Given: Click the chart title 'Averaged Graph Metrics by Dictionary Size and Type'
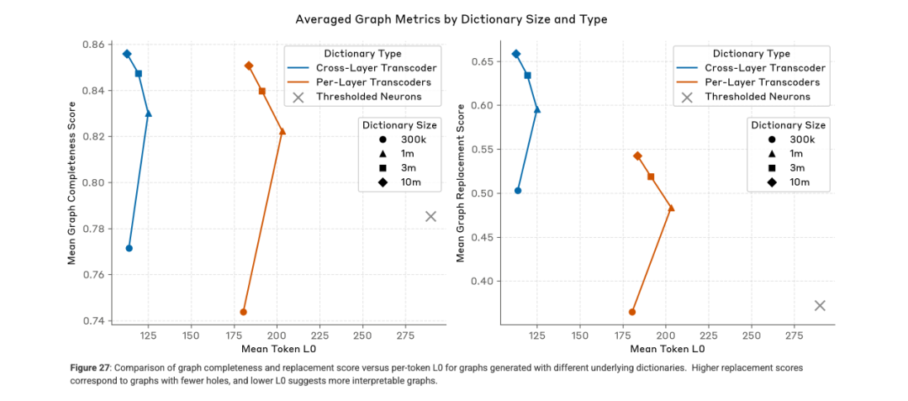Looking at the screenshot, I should tap(451, 18).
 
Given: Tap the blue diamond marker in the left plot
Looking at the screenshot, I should tap(127, 54).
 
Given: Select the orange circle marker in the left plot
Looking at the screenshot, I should tap(244, 312).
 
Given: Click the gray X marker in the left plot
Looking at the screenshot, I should tap(431, 216).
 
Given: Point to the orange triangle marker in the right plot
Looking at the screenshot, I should tap(671, 208).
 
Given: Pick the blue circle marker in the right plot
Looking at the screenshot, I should tap(518, 191).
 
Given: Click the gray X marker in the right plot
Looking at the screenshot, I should tap(820, 305).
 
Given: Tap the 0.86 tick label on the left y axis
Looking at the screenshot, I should tap(97, 45).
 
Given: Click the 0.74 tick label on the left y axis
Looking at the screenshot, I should tap(97, 321).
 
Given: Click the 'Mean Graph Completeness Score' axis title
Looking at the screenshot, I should tap(72, 182).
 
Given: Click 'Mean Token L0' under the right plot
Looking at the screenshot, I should tap(667, 348).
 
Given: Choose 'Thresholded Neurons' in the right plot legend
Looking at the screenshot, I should tap(758, 97).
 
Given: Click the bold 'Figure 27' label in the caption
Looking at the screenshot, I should tap(91, 367).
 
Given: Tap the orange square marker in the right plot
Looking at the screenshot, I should tap(651, 177).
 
